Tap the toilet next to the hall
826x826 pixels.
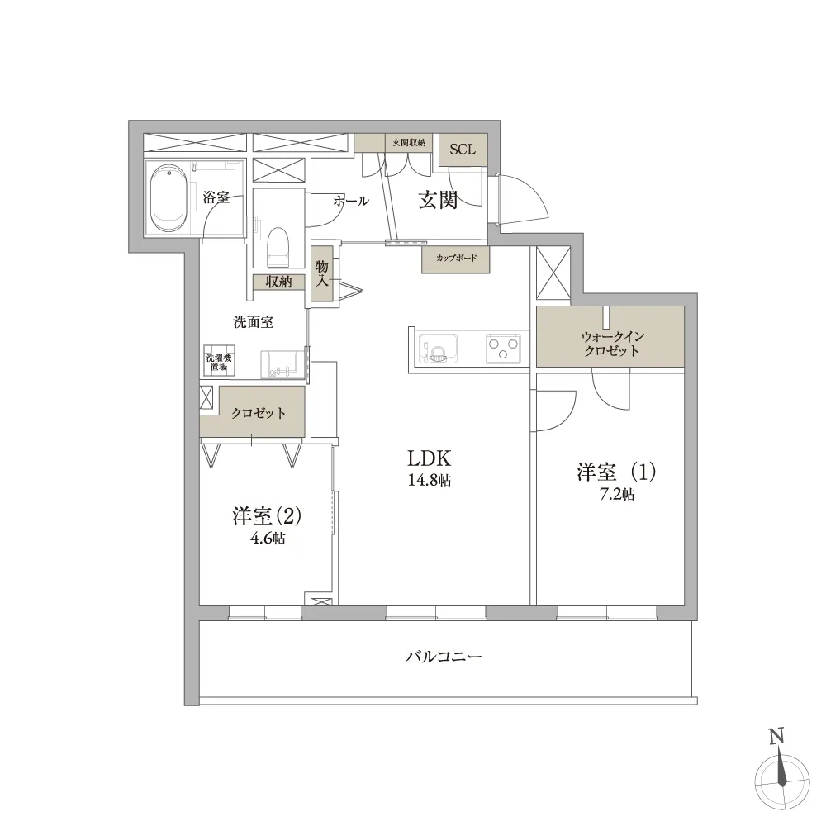pos(278,246)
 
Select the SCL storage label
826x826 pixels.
pos(463,149)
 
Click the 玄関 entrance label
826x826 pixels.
pos(438,200)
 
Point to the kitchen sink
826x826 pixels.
pos(438,349)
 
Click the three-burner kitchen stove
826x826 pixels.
pos(504,349)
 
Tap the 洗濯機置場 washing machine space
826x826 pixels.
pos(219,361)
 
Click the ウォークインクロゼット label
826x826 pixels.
pos(611,343)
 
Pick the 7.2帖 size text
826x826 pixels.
pos(617,494)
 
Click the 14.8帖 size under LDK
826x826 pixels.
pos(430,480)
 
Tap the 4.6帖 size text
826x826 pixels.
pos(268,538)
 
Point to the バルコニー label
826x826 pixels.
pos(444,657)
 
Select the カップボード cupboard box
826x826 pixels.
pos(456,259)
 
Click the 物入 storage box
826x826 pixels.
pos(322,274)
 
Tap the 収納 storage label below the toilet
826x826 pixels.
pos(278,282)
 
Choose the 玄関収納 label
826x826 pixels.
pos(409,142)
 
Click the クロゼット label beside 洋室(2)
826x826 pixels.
pos(259,413)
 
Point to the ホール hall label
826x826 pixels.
pos(351,201)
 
